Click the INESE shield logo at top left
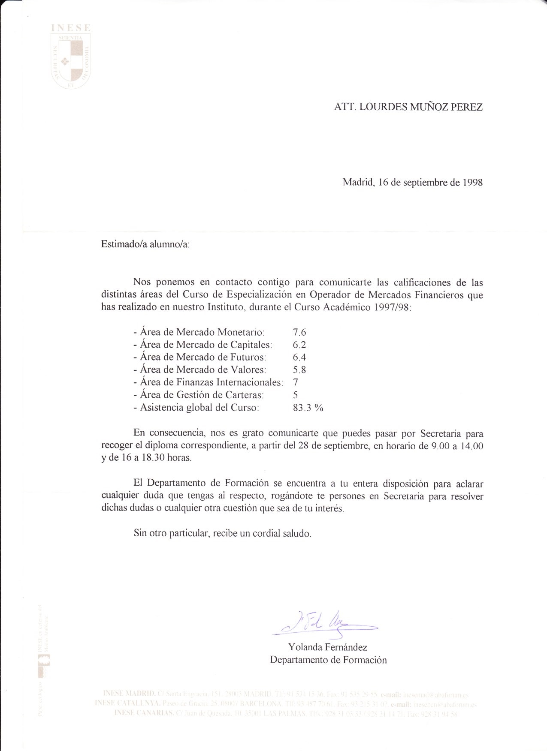point(71,58)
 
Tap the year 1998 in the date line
point(472,182)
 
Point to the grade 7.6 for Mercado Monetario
point(299,332)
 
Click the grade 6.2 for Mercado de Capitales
point(299,345)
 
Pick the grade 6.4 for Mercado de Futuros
point(299,357)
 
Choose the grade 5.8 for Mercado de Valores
point(299,369)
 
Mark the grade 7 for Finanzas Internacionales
point(295,382)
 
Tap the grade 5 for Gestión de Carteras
point(295,395)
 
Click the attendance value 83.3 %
point(308,407)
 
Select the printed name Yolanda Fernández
point(328,647)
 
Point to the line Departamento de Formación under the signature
point(328,660)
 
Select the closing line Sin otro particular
point(222,534)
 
